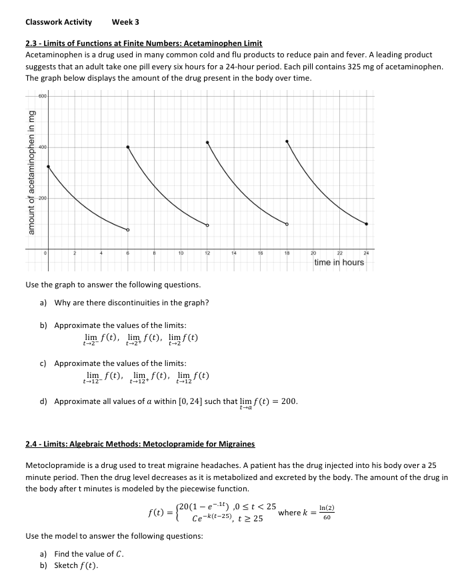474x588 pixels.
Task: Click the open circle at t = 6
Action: [x=128, y=230]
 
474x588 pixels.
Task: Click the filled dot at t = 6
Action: [x=128, y=147]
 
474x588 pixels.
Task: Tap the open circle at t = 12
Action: [x=207, y=225]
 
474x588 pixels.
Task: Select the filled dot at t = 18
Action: [x=287, y=141]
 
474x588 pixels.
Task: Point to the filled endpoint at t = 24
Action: [x=367, y=223]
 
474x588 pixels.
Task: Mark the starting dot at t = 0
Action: [x=48, y=167]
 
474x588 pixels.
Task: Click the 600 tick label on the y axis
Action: [x=42, y=95]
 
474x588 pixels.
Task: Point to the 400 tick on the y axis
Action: [x=42, y=147]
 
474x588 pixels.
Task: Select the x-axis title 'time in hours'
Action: [x=339, y=263]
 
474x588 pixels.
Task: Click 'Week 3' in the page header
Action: [x=125, y=22]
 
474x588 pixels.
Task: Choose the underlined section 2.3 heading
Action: [x=143, y=43]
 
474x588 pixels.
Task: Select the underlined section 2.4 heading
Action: [x=139, y=443]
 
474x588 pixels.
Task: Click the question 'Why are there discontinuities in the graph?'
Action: [x=131, y=303]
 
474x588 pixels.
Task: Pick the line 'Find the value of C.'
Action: [x=89, y=554]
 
